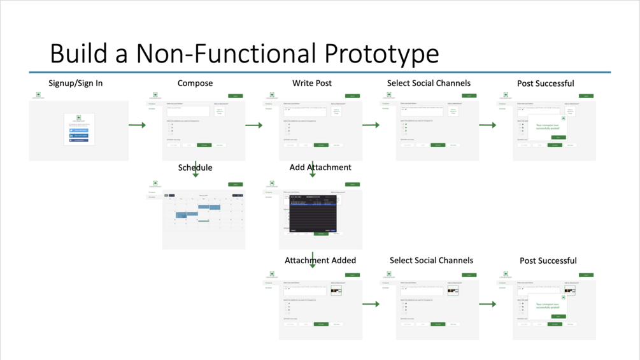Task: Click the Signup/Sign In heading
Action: click(x=75, y=83)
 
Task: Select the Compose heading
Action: click(x=195, y=83)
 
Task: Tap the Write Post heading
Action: click(x=312, y=83)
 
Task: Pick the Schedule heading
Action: click(x=195, y=168)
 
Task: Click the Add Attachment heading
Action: click(x=320, y=168)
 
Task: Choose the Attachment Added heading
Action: click(x=320, y=261)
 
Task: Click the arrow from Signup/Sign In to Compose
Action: click(x=137, y=125)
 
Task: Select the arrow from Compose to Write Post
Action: click(x=253, y=125)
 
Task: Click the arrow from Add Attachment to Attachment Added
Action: click(x=313, y=260)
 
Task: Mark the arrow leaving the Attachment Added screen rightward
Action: click(x=371, y=304)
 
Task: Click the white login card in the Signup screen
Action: click(x=79, y=129)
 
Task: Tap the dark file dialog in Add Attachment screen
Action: click(x=313, y=214)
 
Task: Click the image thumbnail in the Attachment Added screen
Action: click(x=336, y=291)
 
